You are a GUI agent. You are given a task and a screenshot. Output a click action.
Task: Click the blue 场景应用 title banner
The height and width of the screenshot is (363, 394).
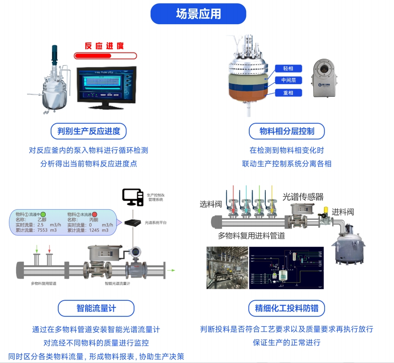click(198, 13)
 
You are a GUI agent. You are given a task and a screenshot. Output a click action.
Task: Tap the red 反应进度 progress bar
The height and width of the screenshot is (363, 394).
click(105, 56)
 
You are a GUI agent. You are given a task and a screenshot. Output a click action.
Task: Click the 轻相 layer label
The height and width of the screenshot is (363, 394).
click(288, 69)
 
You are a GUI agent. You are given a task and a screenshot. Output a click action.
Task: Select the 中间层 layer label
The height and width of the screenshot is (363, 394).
click(288, 81)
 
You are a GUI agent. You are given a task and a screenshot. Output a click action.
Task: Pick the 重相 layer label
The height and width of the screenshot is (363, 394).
click(288, 93)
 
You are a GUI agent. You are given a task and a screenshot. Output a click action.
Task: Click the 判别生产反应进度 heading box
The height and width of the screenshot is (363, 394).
click(89, 131)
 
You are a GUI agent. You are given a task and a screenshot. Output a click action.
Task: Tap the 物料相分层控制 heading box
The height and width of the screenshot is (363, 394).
click(287, 131)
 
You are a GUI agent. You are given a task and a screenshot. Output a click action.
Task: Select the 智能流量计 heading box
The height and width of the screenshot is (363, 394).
click(96, 308)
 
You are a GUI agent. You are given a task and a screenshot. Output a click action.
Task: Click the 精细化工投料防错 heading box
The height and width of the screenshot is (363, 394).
click(287, 308)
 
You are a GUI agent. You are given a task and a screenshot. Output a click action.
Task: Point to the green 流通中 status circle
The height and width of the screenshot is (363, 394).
click(43, 214)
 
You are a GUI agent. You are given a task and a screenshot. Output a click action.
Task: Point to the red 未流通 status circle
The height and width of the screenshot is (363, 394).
click(95, 214)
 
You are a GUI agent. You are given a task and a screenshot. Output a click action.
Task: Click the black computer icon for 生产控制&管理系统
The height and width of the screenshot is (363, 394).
click(132, 196)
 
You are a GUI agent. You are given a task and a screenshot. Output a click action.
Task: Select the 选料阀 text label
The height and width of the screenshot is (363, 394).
click(211, 204)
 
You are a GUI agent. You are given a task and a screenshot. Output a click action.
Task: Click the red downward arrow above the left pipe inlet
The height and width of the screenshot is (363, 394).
click(49, 248)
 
